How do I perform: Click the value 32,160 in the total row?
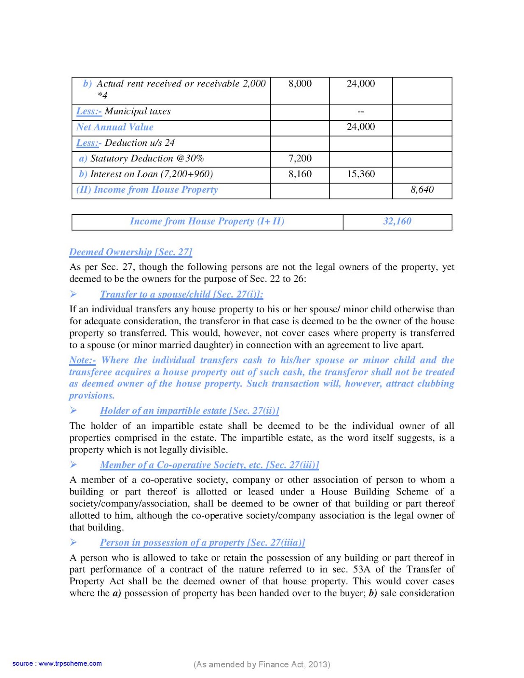click(397, 221)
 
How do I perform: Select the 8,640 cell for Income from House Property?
click(422, 189)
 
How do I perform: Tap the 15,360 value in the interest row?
click(360, 174)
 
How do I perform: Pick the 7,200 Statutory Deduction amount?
click(300, 158)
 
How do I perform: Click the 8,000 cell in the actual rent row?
click(300, 83)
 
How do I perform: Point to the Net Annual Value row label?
click(115, 127)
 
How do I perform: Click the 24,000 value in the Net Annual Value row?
click(360, 127)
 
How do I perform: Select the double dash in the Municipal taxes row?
click(360, 112)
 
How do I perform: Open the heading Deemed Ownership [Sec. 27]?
click(131, 252)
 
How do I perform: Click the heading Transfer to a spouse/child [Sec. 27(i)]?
click(181, 295)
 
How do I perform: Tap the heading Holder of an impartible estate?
click(190, 411)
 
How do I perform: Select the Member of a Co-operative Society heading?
click(209, 465)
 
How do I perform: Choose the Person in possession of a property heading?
click(202, 542)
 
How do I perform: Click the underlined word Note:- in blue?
click(82, 360)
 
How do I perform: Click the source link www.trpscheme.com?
click(70, 664)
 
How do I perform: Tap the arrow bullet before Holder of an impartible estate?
click(73, 410)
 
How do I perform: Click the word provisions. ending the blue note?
click(92, 395)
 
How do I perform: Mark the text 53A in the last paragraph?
click(361, 569)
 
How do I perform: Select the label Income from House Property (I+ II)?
click(207, 221)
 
